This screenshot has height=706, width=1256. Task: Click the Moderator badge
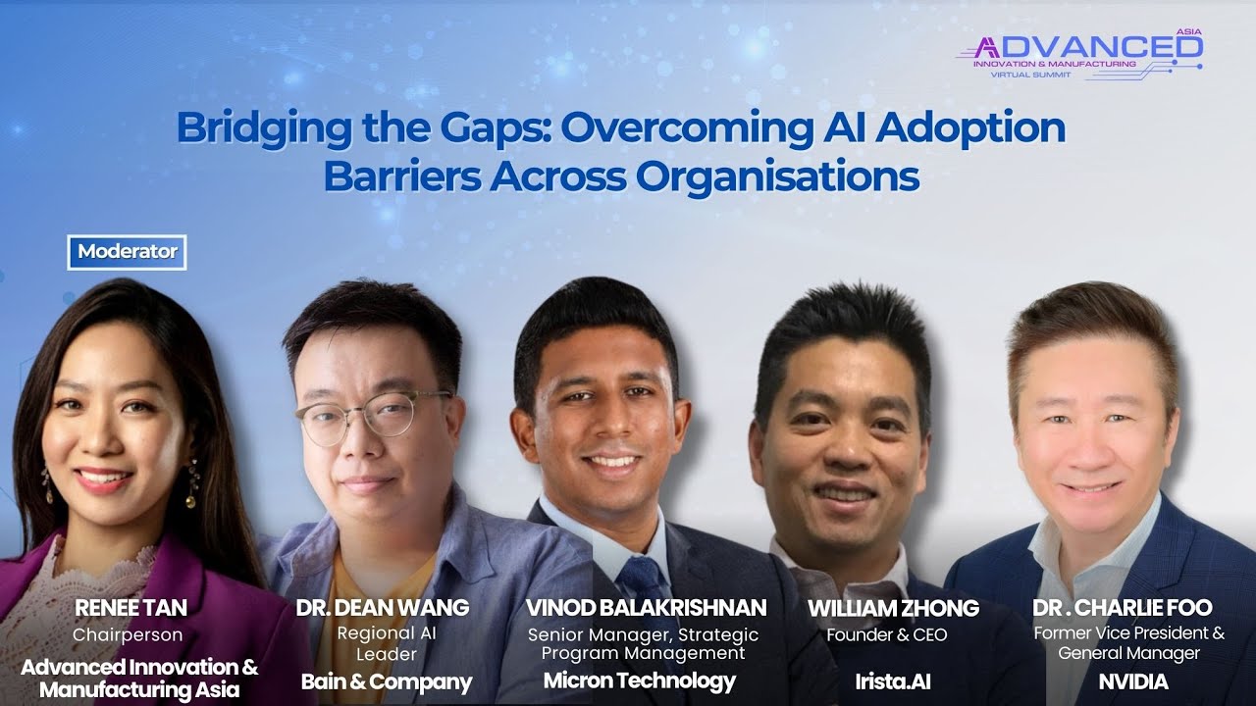128,252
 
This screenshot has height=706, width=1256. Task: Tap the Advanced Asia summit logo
1079,54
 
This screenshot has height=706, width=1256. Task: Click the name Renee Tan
130,608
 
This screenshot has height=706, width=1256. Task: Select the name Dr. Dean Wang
383,608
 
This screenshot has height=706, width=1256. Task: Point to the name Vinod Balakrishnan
646,608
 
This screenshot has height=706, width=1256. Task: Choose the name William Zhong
893,608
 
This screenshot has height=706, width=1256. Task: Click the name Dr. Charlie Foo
1122,608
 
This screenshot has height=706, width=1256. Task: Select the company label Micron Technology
639,681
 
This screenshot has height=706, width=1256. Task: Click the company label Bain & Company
386,681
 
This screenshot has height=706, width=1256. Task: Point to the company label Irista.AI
893,681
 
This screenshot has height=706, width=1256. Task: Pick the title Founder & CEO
887,635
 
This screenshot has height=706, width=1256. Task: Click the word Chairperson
128,635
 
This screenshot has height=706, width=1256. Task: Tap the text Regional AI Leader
387,643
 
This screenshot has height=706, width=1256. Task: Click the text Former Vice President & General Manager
1128,643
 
